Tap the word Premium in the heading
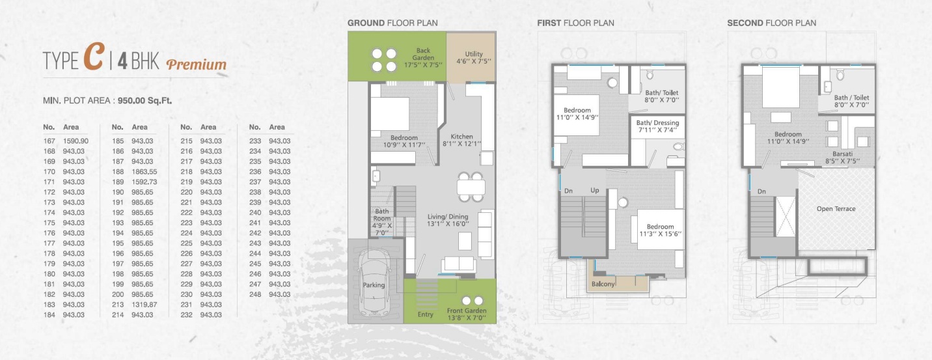(197, 64)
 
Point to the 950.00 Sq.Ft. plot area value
(144, 100)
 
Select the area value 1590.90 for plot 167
(75, 141)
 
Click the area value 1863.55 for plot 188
(144, 171)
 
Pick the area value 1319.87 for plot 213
(144, 305)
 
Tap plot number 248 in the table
(255, 294)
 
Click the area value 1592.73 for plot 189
(144, 182)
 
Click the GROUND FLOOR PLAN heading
(392, 23)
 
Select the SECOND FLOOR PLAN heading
(771, 23)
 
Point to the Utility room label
(474, 53)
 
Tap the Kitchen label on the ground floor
(462, 137)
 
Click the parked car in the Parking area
(374, 283)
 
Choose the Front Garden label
(467, 311)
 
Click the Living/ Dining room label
(448, 216)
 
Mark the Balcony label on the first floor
(603, 284)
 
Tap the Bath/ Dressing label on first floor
(657, 123)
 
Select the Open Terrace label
(836, 208)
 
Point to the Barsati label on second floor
(843, 154)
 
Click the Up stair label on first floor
(595, 190)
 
